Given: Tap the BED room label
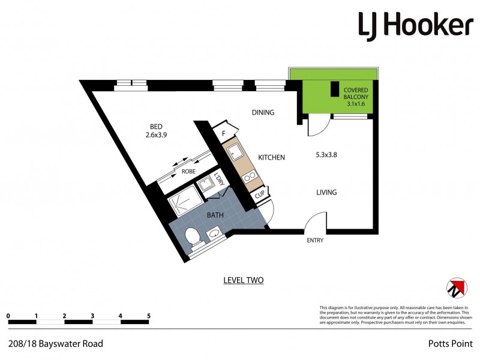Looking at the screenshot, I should point(156,126).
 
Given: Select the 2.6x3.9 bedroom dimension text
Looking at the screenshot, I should point(156,135).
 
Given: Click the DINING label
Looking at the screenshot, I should point(263,112).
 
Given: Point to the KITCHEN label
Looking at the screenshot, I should point(271,157).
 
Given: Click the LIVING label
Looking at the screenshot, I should point(327,193).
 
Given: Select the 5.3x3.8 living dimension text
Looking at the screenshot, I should point(327,155).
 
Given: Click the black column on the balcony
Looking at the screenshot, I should point(334,88).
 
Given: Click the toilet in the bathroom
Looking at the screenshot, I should point(194,238).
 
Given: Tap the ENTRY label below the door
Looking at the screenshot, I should point(315,240).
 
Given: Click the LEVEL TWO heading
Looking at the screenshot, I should point(243,280).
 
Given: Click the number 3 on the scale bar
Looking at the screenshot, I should point(92,315).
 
